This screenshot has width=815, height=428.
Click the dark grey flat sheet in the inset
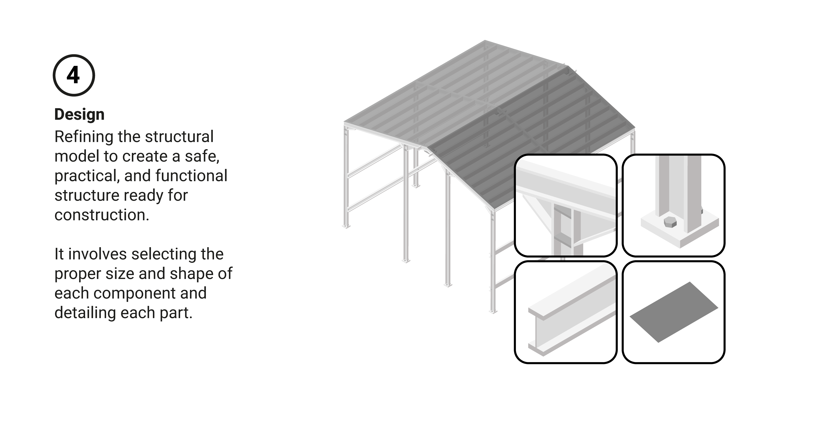point(674,312)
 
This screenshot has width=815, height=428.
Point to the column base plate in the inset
point(680,231)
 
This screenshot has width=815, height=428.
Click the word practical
point(87,176)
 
